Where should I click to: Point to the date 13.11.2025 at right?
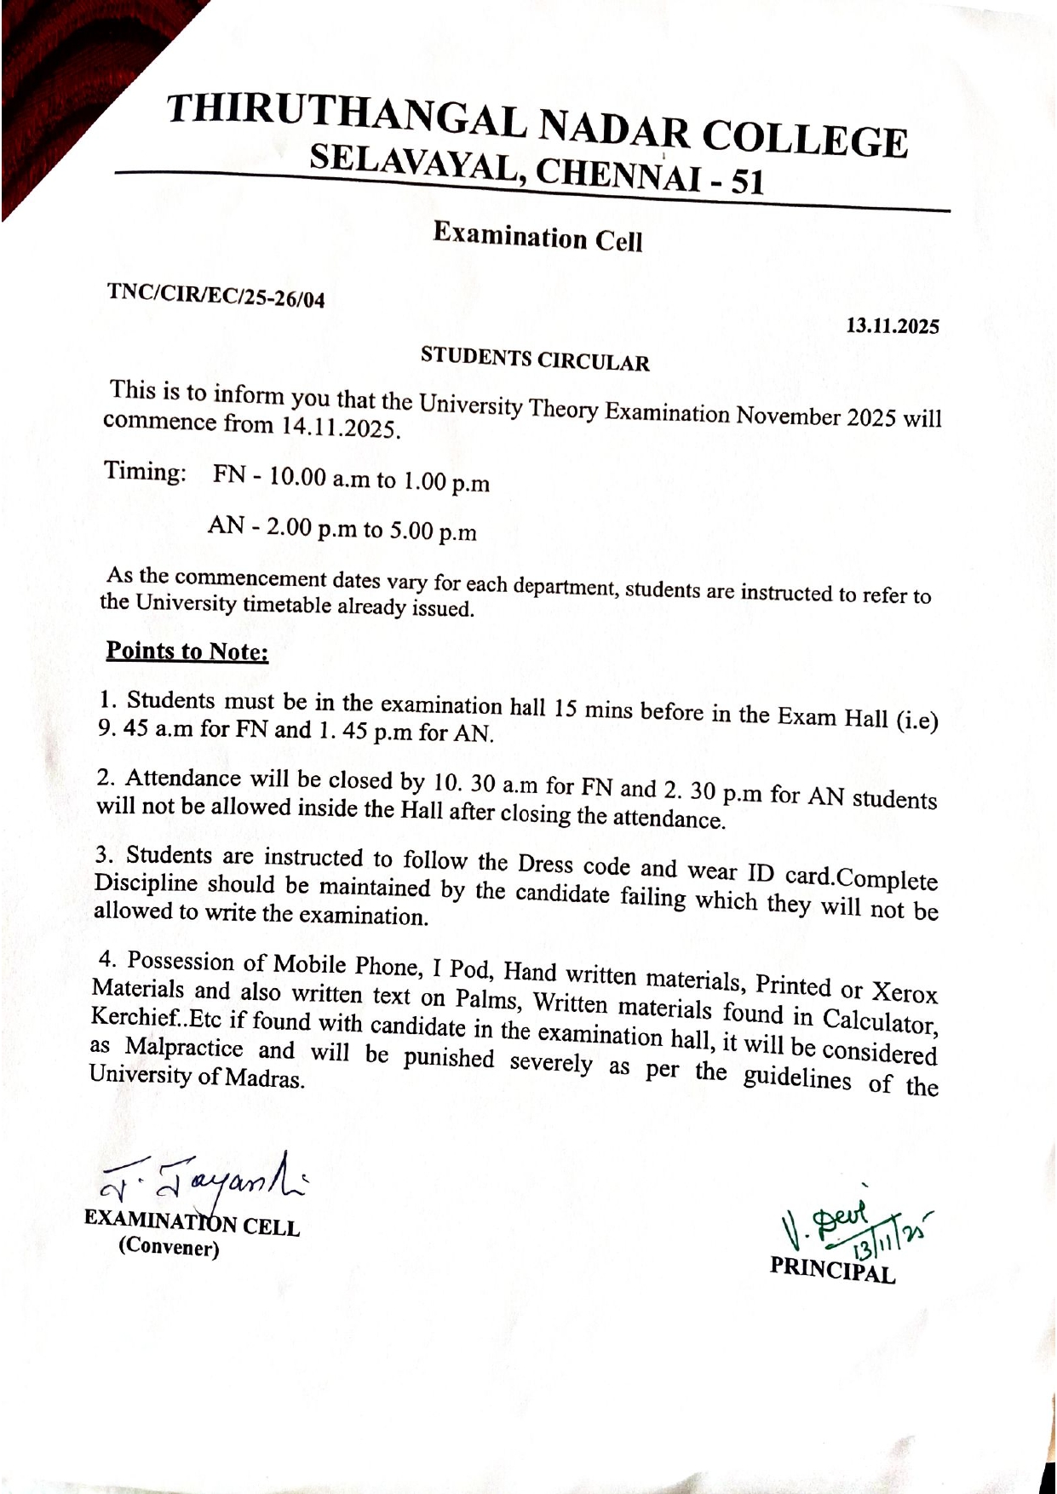tap(892, 326)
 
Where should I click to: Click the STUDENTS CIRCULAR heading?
tap(535, 359)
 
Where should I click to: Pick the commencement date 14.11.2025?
tap(341, 427)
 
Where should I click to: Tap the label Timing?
tap(146, 472)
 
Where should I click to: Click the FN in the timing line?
tap(229, 474)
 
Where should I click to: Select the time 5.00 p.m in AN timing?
tap(433, 532)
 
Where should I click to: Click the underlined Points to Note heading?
tap(187, 652)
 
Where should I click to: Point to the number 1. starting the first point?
tap(107, 700)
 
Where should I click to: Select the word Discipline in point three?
tap(145, 883)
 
